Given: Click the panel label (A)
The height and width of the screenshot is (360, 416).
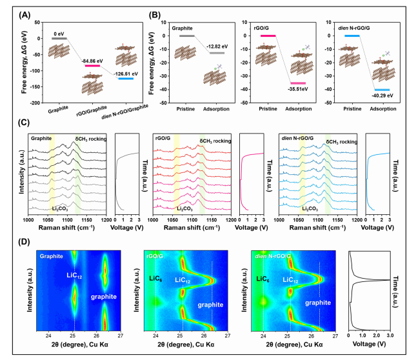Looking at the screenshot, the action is pyautogui.click(x=25, y=15).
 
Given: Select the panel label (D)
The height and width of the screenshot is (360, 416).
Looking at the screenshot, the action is pyautogui.click(x=24, y=242).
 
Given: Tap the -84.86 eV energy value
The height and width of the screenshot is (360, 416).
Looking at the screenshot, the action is pyautogui.click(x=92, y=61).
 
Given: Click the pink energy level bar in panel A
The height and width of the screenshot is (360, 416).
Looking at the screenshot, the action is pyautogui.click(x=92, y=66).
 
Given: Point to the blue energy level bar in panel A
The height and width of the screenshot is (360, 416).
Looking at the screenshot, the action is pyautogui.click(x=126, y=79).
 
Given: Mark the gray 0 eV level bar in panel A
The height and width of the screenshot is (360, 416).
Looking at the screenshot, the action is pyautogui.click(x=59, y=39).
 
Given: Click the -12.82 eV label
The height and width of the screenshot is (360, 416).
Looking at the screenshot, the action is pyautogui.click(x=217, y=46).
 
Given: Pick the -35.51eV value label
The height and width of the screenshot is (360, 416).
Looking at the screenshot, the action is pyautogui.click(x=298, y=89).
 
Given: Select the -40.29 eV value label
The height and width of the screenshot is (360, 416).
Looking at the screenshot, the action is pyautogui.click(x=382, y=95).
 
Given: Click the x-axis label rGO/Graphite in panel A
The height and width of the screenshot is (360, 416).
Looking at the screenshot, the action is pyautogui.click(x=92, y=110).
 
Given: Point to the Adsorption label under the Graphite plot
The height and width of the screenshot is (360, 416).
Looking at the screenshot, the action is pyautogui.click(x=216, y=109).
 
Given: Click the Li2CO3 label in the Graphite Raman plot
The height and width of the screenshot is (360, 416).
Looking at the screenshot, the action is pyautogui.click(x=60, y=209).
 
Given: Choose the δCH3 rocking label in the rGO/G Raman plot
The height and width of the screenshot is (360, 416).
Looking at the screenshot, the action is pyautogui.click(x=215, y=141).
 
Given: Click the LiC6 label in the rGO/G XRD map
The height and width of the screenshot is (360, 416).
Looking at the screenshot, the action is pyautogui.click(x=155, y=279).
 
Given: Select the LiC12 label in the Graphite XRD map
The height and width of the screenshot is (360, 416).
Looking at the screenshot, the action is pyautogui.click(x=74, y=275).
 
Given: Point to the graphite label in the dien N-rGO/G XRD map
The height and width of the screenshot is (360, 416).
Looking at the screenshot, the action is pyautogui.click(x=318, y=303).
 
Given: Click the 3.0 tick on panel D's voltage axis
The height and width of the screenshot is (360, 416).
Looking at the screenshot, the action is pyautogui.click(x=390, y=335).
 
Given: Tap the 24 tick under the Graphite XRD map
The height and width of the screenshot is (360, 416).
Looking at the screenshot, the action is pyautogui.click(x=48, y=335).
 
